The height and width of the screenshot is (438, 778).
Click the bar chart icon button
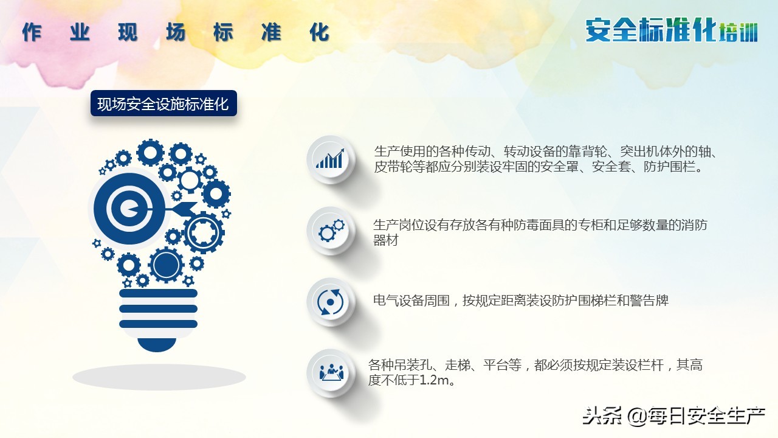pos(330,159)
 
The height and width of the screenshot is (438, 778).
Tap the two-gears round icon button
pos(330,230)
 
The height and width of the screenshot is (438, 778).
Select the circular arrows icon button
pos(330,302)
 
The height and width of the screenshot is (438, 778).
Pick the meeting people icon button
pos(330,372)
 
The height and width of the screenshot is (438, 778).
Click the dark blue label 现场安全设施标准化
pos(163,104)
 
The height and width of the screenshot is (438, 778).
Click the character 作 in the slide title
pos(32,32)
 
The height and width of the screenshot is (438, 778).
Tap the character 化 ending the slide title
pos(320,32)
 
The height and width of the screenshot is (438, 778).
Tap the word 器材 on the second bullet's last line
pos(385,240)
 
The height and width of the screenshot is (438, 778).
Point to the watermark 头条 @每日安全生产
pos(673,416)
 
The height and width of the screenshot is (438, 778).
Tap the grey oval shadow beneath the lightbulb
pos(159,378)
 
